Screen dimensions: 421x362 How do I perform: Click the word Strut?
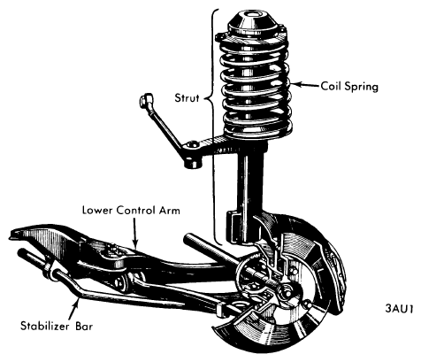click(187, 98)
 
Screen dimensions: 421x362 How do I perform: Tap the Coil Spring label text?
click(349, 87)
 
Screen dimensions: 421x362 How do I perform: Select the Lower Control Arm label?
click(131, 211)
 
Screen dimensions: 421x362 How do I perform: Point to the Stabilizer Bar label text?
click(57, 326)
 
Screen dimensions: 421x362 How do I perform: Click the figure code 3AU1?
click(399, 309)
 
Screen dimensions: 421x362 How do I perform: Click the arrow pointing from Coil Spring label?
click(305, 85)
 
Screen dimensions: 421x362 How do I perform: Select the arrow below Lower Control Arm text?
click(134, 233)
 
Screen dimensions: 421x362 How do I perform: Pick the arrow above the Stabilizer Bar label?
click(73, 308)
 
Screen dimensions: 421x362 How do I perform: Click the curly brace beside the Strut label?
click(213, 127)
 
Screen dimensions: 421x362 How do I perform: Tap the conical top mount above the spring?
click(253, 24)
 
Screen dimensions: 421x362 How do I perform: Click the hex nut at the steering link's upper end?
click(146, 100)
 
